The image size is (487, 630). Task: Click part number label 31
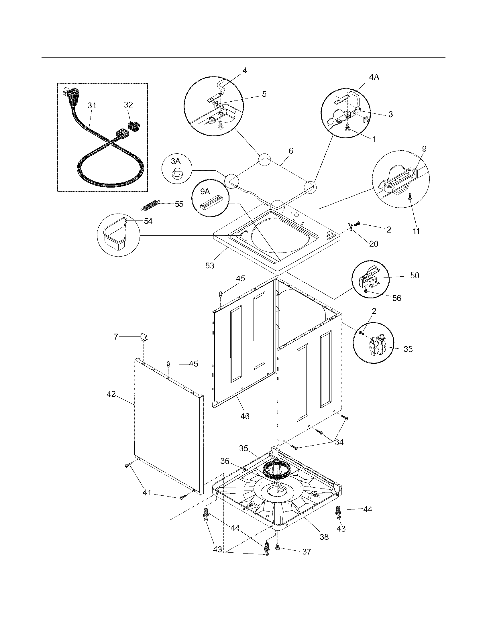coord(92,106)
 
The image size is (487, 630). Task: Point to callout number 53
coord(210,265)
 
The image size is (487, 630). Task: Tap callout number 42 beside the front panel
coord(111,394)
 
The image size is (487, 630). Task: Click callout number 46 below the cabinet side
coord(245,416)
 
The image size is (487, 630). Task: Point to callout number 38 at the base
coord(324,537)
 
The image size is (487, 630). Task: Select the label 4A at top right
coord(374,77)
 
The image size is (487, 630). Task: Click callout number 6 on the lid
coord(291,151)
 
